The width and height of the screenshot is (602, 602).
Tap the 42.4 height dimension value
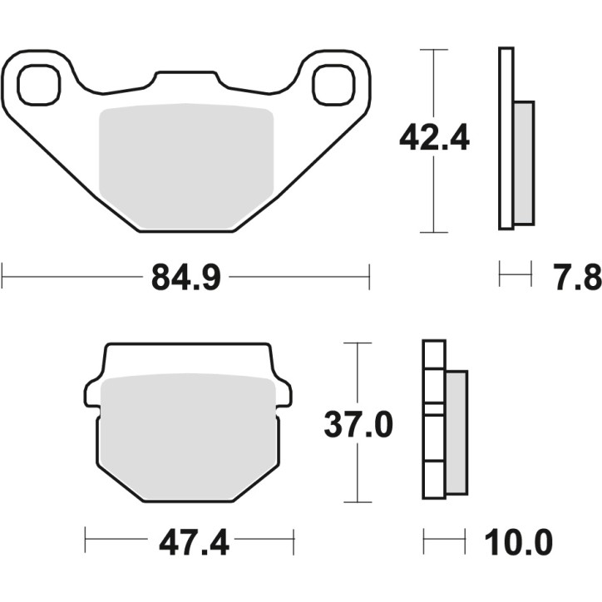(x=434, y=139)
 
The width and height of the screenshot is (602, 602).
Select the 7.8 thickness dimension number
(x=576, y=278)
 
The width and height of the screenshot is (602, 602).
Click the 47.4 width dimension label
(x=189, y=544)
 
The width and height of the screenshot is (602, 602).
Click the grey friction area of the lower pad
(x=189, y=432)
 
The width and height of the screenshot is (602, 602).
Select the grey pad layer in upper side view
(x=524, y=163)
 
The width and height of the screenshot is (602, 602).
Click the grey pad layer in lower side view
(x=456, y=431)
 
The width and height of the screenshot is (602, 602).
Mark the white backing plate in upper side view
(x=506, y=138)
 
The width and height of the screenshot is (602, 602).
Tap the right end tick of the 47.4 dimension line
(x=294, y=544)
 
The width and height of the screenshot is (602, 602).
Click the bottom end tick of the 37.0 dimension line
(x=357, y=501)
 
